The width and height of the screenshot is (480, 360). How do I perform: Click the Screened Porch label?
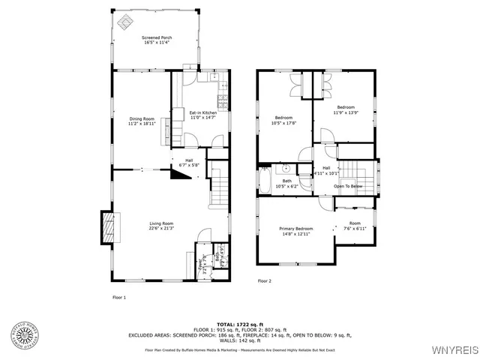156,40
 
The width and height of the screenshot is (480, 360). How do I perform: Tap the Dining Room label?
142,121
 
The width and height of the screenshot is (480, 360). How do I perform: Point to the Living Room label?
161,226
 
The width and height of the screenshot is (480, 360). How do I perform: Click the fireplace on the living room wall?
109,226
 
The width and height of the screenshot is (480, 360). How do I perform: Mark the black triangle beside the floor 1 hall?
179,175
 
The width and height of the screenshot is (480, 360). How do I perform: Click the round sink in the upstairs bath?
285,169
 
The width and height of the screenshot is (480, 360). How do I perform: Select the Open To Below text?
348,186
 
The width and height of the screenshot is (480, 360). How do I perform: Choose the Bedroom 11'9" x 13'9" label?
345,109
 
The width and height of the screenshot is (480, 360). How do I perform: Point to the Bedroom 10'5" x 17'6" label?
284,121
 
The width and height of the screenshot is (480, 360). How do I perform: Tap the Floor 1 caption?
119,297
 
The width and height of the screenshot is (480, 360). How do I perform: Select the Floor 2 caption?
264,281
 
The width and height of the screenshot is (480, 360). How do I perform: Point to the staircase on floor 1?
217,184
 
